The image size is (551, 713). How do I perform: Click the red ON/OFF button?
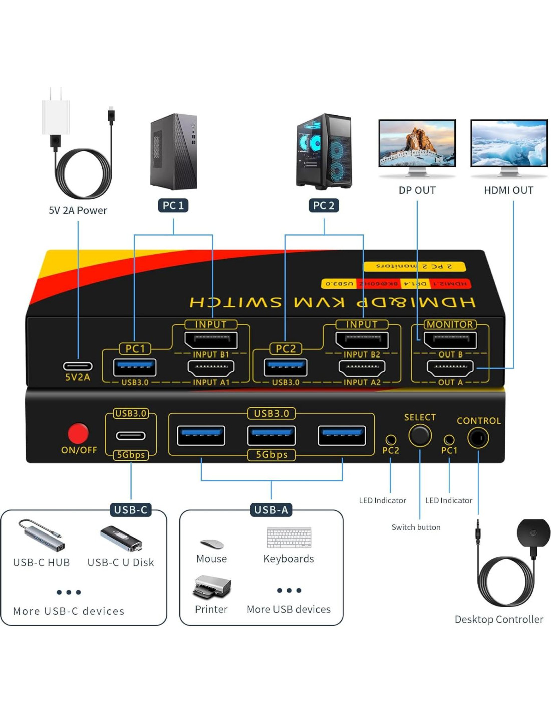(78, 433)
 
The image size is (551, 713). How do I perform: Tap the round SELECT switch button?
(420, 436)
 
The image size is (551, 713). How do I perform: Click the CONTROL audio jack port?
(478, 438)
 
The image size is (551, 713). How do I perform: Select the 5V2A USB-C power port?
(78, 366)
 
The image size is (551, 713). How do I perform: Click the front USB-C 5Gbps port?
(131, 436)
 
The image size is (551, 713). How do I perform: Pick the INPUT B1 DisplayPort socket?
(211, 340)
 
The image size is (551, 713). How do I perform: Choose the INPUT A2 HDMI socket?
(362, 368)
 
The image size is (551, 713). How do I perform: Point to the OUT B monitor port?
(450, 340)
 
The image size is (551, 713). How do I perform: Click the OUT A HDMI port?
(450, 368)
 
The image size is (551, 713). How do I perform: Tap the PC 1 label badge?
(173, 205)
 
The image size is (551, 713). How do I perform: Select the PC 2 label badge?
(324, 205)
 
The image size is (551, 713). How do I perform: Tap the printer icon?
(212, 587)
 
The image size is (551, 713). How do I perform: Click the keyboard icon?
(289, 538)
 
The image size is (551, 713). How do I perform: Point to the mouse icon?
(212, 544)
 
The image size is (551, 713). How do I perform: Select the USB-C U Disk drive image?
(121, 539)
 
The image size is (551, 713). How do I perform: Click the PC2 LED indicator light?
(391, 440)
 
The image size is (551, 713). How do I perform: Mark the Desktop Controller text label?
(499, 619)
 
